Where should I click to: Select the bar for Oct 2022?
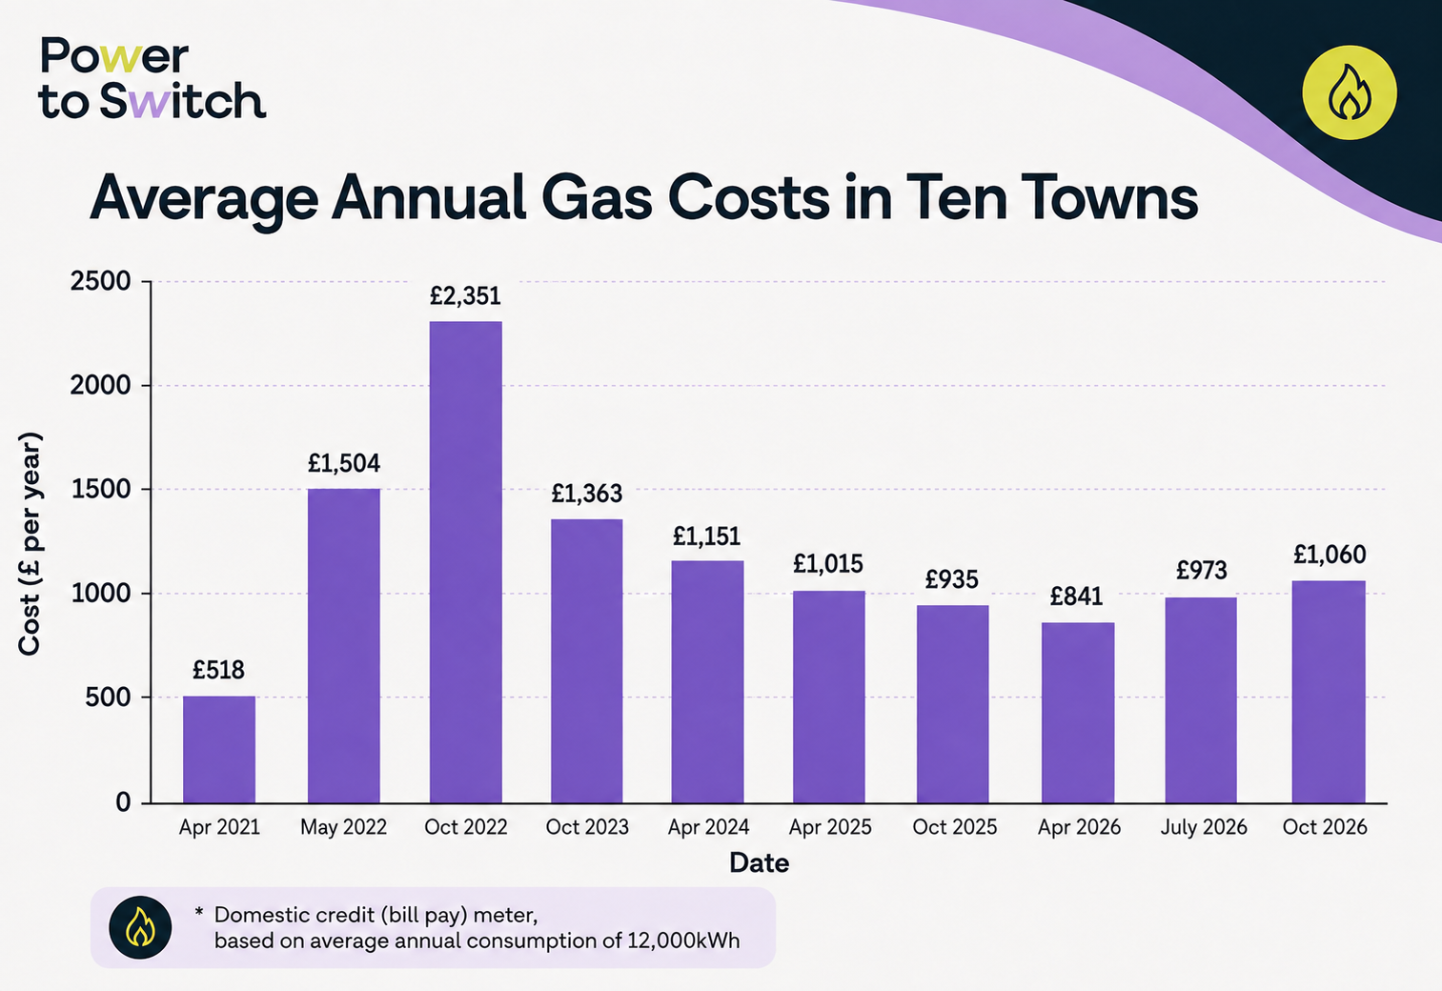(x=465, y=562)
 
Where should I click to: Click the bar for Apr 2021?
(x=219, y=750)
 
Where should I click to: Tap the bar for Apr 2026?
(x=1078, y=713)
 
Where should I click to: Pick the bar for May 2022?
(x=344, y=645)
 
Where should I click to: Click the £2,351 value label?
(x=465, y=296)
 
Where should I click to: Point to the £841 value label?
(x=1076, y=597)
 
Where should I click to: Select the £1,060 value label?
(x=1330, y=555)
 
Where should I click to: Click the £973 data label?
(x=1201, y=570)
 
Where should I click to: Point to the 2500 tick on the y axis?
(x=100, y=281)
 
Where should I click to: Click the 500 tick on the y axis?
(x=108, y=698)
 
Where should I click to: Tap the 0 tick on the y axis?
(x=123, y=801)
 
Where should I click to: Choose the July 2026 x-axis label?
(x=1203, y=827)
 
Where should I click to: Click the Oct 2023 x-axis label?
(x=587, y=827)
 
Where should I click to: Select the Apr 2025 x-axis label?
(x=830, y=827)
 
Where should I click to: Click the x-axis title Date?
(x=759, y=863)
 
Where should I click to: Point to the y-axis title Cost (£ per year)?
(x=30, y=544)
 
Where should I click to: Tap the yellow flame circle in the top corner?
(x=1350, y=92)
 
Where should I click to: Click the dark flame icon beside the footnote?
(x=140, y=927)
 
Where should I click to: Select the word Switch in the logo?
(x=183, y=101)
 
